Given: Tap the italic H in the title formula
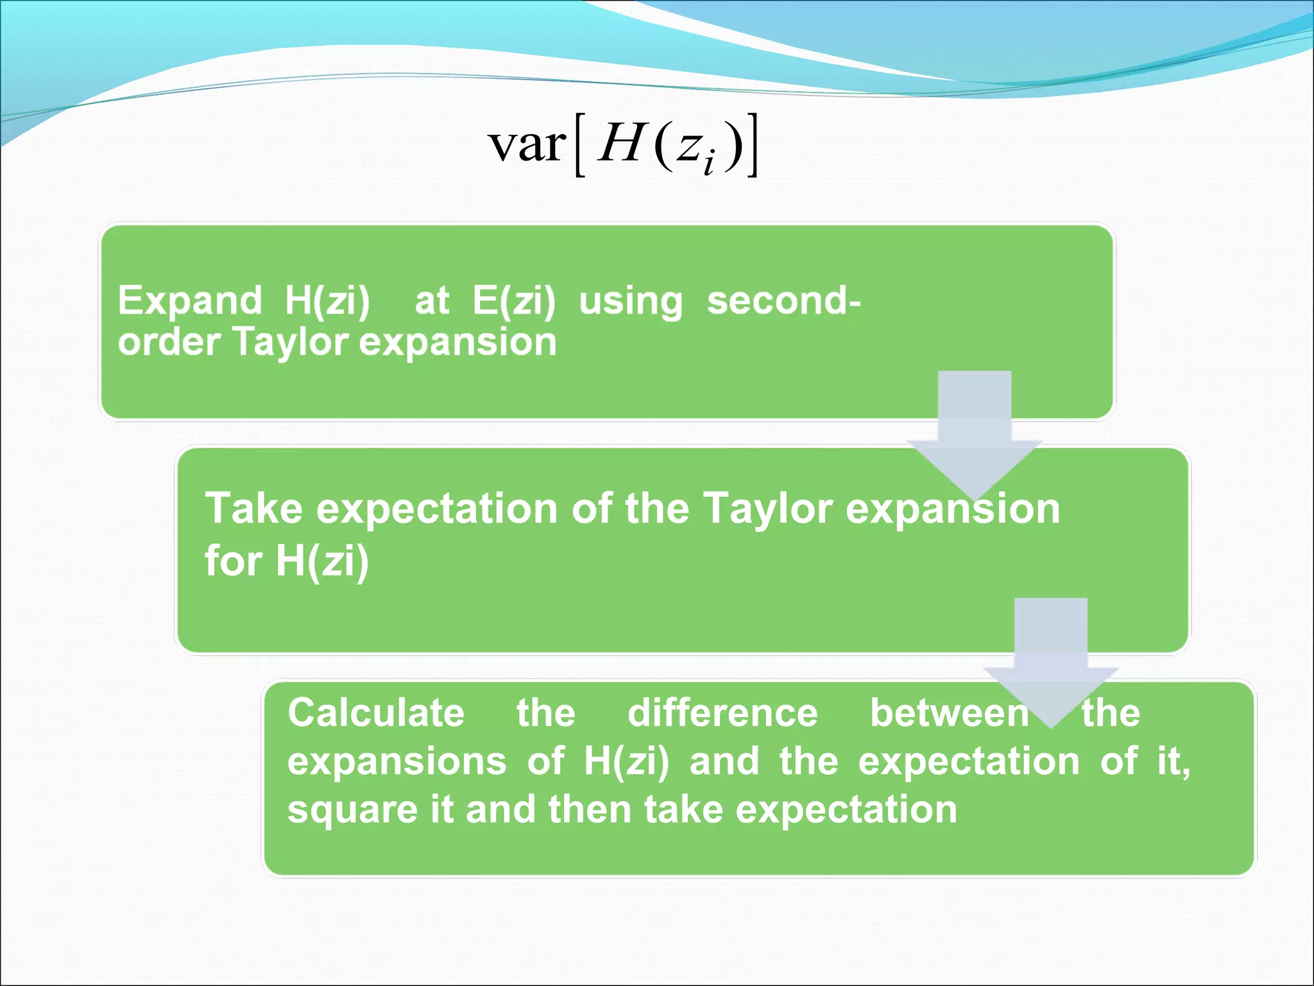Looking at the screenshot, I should coord(620,143).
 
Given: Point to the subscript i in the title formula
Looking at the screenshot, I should coord(708,162).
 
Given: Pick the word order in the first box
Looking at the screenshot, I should coord(169,342).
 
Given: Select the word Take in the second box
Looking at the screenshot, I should coord(253,508).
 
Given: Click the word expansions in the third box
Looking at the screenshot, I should coord(397,762).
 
